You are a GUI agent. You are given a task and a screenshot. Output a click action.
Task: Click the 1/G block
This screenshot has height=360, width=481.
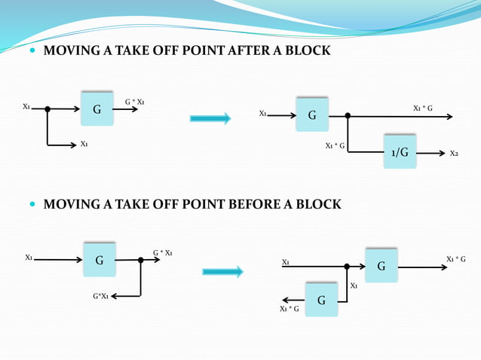(x=400, y=152)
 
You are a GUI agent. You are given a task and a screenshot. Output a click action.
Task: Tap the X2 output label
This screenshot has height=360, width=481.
(x=454, y=154)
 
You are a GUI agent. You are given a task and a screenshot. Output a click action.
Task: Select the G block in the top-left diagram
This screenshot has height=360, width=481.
(x=97, y=109)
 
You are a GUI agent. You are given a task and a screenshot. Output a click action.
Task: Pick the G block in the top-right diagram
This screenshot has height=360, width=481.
(x=312, y=116)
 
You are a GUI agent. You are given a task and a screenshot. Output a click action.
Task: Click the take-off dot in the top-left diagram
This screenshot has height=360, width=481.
(x=47, y=109)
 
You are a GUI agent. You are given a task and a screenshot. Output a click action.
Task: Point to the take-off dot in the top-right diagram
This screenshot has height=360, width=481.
(x=348, y=117)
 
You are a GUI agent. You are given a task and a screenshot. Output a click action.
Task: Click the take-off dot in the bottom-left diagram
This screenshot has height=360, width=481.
(x=141, y=260)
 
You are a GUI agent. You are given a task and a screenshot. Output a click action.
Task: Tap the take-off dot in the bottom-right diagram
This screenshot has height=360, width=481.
(x=347, y=266)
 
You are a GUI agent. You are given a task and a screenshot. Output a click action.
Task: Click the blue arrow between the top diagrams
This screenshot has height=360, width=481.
(x=210, y=117)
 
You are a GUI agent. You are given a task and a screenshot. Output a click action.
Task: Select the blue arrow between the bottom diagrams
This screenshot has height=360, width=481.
(x=222, y=271)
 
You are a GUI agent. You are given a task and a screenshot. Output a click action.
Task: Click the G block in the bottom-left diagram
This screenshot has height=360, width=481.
(x=99, y=261)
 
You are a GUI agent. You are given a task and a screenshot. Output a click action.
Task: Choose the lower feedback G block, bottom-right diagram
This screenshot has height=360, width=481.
(x=321, y=300)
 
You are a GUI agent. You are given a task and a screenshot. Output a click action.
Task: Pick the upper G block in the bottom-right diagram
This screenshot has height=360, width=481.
(x=381, y=266)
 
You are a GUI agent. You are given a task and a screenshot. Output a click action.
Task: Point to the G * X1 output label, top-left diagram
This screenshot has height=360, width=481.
(x=135, y=101)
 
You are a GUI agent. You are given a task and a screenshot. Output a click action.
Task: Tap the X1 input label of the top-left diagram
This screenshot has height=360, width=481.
(x=27, y=107)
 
